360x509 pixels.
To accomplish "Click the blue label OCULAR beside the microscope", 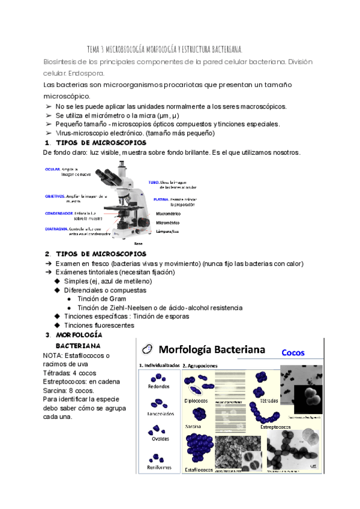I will pyautogui.click(x=53, y=169).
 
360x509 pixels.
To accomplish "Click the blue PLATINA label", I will pyautogui.click(x=160, y=199).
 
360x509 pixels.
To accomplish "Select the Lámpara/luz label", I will pyautogui.click(x=169, y=231).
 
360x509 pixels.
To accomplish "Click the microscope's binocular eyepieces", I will pyautogui.click(x=107, y=173).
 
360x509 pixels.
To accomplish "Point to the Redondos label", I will pyautogui.click(x=158, y=387).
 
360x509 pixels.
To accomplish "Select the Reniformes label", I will pyautogui.click(x=158, y=467).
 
